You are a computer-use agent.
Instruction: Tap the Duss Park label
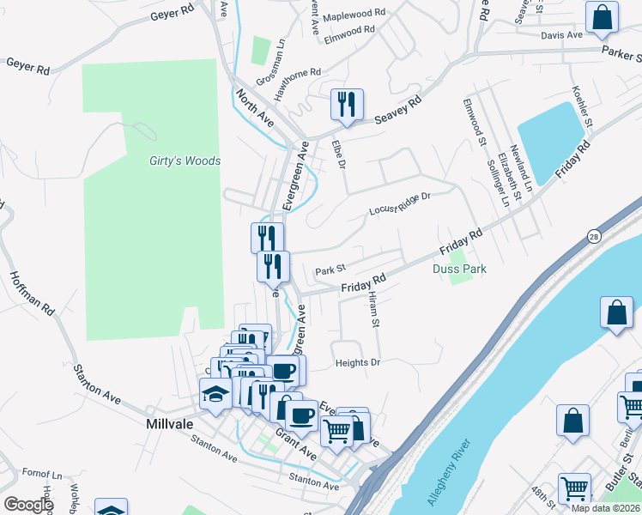(x=459, y=269)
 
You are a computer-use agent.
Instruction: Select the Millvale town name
(x=169, y=424)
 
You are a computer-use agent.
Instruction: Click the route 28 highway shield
(x=594, y=235)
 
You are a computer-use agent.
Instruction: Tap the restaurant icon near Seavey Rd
(x=348, y=105)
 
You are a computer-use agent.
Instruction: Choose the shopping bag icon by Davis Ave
(x=602, y=16)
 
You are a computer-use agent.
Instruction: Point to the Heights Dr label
(x=357, y=362)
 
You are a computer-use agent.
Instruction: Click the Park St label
(x=330, y=270)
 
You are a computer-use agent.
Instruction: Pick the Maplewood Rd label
(x=354, y=15)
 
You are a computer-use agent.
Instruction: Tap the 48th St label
(x=542, y=498)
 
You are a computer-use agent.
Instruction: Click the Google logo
(x=27, y=505)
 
